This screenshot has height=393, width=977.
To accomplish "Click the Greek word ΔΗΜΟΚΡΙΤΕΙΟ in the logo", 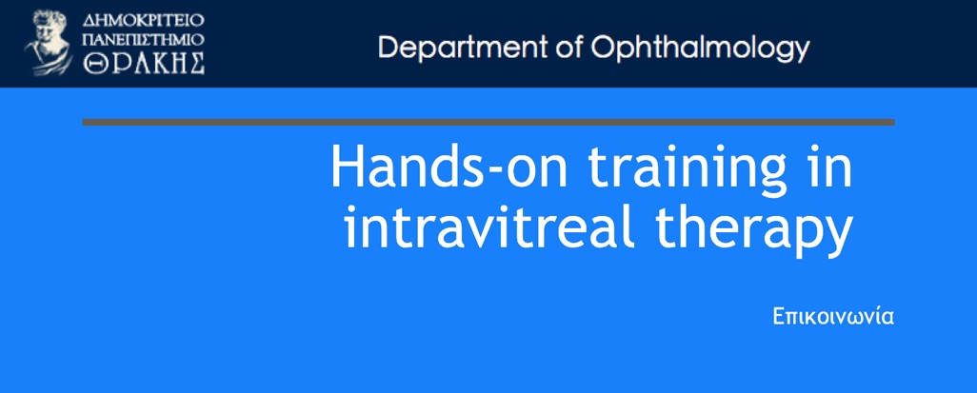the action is [x=143, y=19].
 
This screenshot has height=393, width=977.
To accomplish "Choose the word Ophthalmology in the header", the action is [x=700, y=49].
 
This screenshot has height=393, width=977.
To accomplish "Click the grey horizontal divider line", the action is [x=488, y=122].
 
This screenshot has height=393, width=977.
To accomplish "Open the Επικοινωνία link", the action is [x=834, y=316].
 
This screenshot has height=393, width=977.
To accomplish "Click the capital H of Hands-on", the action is [x=346, y=167].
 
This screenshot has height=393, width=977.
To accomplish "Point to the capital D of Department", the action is [x=389, y=48].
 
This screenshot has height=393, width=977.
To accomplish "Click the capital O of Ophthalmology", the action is [x=603, y=48].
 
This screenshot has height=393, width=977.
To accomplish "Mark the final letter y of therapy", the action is [x=839, y=238].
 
